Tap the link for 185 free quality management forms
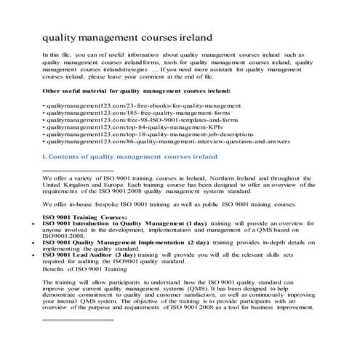pos(124,116)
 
